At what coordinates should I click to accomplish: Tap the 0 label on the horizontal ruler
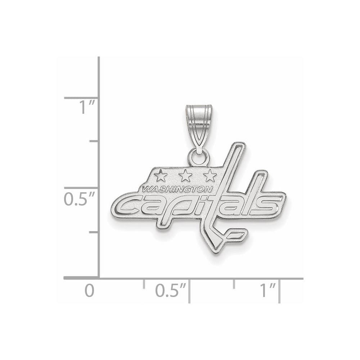pyautogui.click(x=89, y=291)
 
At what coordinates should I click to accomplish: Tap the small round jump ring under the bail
pyautogui.click(x=199, y=157)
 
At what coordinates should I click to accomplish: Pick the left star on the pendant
pyautogui.click(x=161, y=176)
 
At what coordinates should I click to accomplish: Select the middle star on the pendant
pyautogui.click(x=185, y=176)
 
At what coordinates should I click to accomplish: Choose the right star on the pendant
pyautogui.click(x=209, y=176)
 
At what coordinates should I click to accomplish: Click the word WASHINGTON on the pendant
pyautogui.click(x=177, y=189)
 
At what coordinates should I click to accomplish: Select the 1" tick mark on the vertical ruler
pyautogui.click(x=81, y=98)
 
